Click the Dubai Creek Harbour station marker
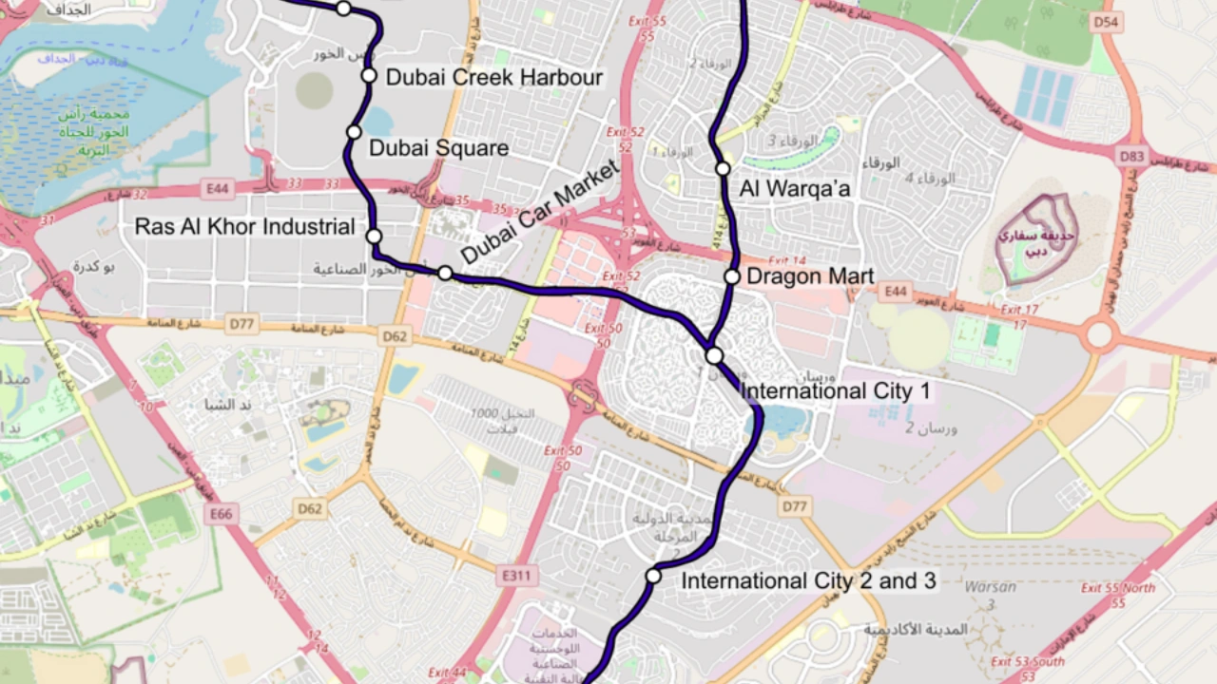click(369, 76)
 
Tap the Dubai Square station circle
click(354, 132)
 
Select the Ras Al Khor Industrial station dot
click(374, 236)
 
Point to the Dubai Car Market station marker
click(445, 273)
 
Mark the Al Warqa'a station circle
click(723, 168)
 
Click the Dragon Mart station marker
click(731, 276)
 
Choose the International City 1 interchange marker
click(714, 355)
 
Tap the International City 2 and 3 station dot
click(653, 576)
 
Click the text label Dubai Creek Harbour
click(493, 78)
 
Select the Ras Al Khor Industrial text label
click(244, 227)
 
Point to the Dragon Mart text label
click(810, 276)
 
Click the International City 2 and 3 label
click(809, 580)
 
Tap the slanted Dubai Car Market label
click(539, 214)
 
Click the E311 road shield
click(517, 575)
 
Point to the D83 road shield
click(1131, 155)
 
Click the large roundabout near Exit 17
click(1099, 334)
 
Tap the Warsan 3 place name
click(990, 595)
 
